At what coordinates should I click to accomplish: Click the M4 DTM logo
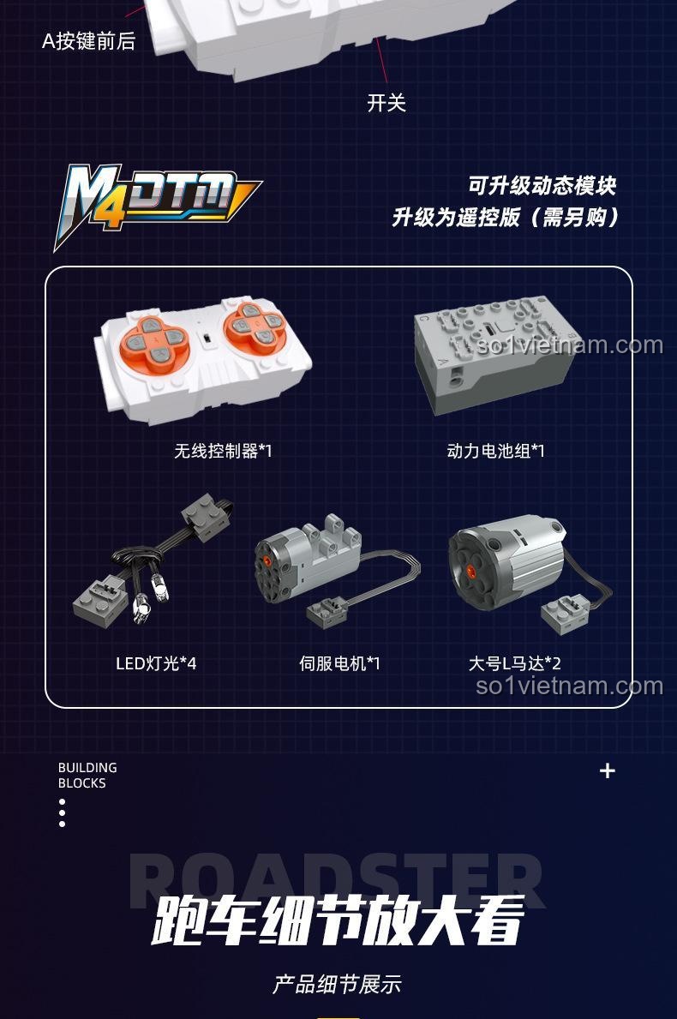pyautogui.click(x=156, y=205)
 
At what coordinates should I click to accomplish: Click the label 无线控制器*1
pyautogui.click(x=223, y=450)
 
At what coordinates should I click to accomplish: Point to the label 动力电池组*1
pyautogui.click(x=495, y=450)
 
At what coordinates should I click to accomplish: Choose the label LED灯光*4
pyautogui.click(x=156, y=663)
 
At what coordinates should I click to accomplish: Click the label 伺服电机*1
pyautogui.click(x=339, y=663)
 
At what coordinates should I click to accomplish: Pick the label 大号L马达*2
pyautogui.click(x=514, y=663)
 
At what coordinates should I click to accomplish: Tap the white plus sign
pyautogui.click(x=608, y=770)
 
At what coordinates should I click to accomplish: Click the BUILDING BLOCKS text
pyautogui.click(x=87, y=776)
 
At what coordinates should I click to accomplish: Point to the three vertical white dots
pyautogui.click(x=63, y=813)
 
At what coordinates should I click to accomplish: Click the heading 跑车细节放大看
pyautogui.click(x=338, y=920)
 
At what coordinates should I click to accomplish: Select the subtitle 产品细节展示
pyautogui.click(x=338, y=984)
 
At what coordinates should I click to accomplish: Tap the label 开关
pyautogui.click(x=386, y=103)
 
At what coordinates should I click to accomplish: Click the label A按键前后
pyautogui.click(x=89, y=41)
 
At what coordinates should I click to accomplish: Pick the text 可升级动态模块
pyautogui.click(x=542, y=185)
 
